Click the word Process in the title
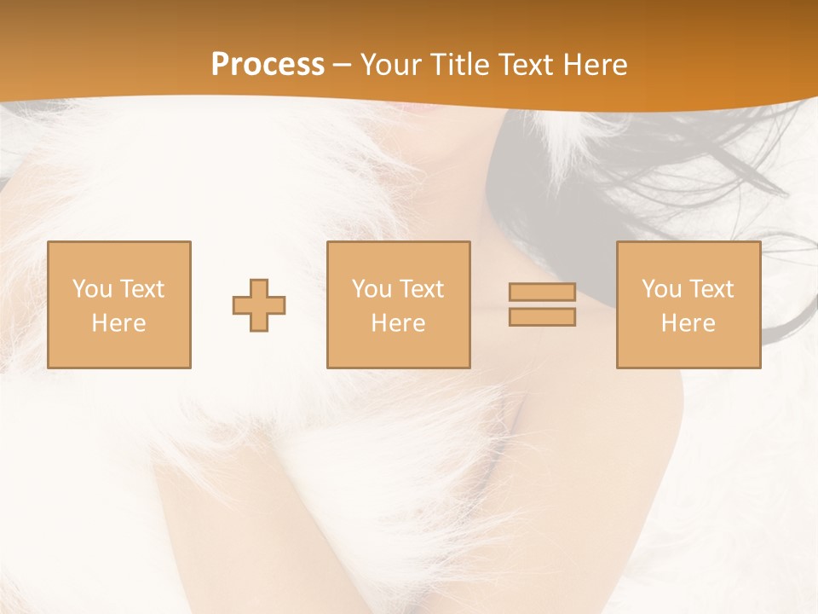(x=268, y=64)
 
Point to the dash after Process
(x=342, y=65)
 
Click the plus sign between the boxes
(x=259, y=305)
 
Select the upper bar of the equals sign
(x=542, y=293)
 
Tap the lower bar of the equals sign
(x=542, y=317)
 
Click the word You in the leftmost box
(x=93, y=289)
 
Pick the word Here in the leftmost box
(x=118, y=323)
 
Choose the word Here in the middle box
(x=398, y=323)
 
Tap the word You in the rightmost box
(x=662, y=289)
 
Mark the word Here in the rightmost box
(x=688, y=323)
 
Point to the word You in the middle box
(x=372, y=289)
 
